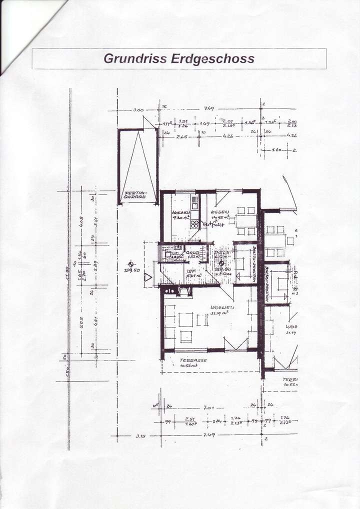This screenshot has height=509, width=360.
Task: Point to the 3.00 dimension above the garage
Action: click(x=138, y=110)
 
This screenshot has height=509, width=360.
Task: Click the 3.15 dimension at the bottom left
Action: click(x=140, y=436)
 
